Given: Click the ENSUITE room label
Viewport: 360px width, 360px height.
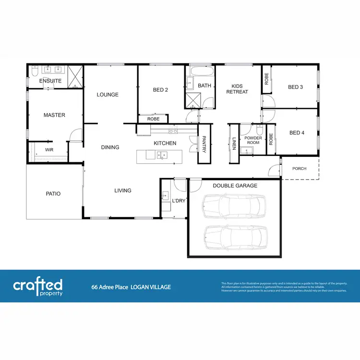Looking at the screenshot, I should point(50,81).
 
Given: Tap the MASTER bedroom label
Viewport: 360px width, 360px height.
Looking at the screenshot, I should point(54,115).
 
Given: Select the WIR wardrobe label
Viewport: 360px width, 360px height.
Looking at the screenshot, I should point(49,150).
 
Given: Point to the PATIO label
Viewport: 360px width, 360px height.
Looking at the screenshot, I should point(53,194).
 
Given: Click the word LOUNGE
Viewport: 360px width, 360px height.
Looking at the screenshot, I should point(108,95).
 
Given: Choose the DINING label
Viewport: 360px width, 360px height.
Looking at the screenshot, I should point(110,147).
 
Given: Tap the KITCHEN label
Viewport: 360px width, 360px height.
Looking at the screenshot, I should point(165,143).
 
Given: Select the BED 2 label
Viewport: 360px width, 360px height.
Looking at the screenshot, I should point(160,90).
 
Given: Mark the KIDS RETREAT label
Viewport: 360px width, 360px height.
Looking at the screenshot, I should point(237,88).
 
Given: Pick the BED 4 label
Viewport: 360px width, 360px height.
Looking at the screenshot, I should point(297,132).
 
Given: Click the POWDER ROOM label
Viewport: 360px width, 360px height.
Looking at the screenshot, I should point(253,140).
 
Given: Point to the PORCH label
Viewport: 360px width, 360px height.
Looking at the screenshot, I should point(300,168).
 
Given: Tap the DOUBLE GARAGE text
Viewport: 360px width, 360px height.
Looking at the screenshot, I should point(235,186).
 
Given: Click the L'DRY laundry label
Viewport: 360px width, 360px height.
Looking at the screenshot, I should point(179,201).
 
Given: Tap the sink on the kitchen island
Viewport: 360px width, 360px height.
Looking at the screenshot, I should point(163,155).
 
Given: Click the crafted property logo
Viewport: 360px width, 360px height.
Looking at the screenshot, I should point(38,288).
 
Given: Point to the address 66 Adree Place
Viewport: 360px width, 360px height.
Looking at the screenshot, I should point(110,288).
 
